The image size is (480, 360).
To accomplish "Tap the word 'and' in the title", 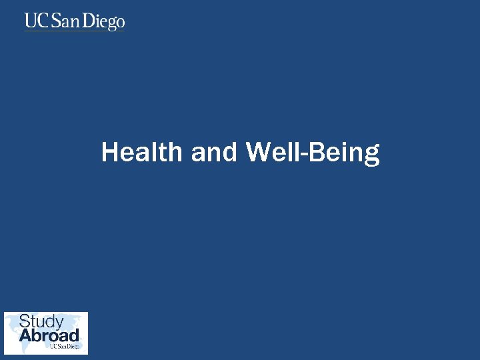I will [x=213, y=153].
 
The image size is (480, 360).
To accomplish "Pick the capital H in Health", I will [x=109, y=153].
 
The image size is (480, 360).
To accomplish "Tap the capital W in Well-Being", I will [x=257, y=153].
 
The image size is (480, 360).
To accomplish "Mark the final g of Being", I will [x=372, y=156].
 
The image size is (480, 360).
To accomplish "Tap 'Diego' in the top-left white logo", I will [x=105, y=22].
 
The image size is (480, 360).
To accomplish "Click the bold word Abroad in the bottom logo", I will [x=49, y=335].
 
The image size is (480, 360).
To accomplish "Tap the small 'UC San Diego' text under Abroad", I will [x=65, y=347].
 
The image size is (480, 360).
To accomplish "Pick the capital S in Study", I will [x=25, y=321].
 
